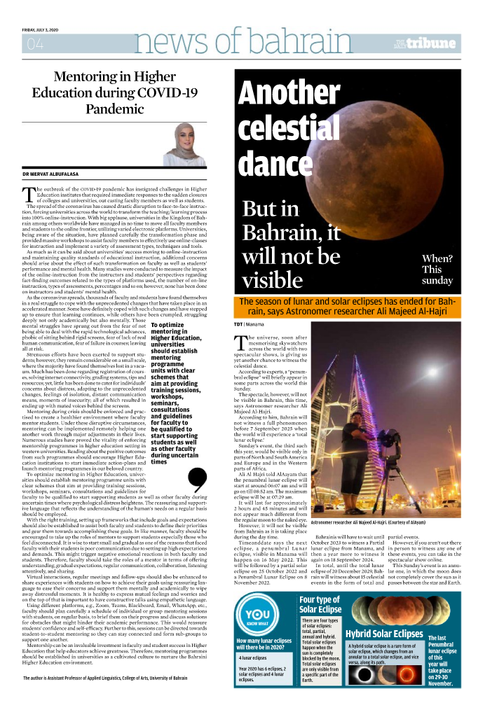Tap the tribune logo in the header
[429, 43]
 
